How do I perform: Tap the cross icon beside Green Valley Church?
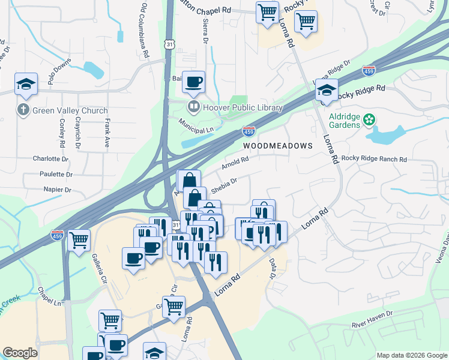click(23, 110)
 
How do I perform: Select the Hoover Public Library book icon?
click(194, 108)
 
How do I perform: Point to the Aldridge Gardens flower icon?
click(370, 120)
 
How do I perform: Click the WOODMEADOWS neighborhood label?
click(278, 146)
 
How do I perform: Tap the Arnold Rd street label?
click(235, 163)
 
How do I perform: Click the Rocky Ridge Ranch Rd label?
click(375, 159)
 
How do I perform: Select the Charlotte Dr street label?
click(50, 159)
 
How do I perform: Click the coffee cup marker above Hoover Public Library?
click(193, 82)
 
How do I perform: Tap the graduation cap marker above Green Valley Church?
click(26, 84)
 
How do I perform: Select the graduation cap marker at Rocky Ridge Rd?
click(326, 90)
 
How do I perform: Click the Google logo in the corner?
click(20, 353)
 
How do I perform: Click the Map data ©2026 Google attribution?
click(411, 355)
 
